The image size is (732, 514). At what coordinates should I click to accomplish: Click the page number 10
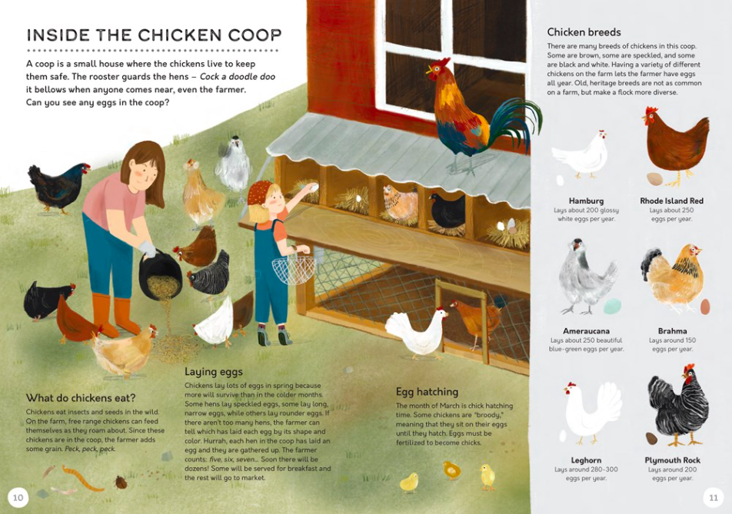pos(18,498)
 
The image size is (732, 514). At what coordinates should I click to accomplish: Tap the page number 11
pos(714,498)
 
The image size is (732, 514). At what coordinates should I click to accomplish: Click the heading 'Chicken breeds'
pos(584,32)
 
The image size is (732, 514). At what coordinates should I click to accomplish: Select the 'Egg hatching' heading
pos(427,392)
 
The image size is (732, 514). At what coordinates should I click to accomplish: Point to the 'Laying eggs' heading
pos(213,372)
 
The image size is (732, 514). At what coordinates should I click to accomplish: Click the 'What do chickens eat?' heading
pos(81,398)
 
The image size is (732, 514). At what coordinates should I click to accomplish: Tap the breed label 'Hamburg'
pos(586,201)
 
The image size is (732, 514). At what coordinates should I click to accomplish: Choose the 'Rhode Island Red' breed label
pos(671,201)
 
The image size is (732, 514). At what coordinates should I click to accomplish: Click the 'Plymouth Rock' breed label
pos(673,460)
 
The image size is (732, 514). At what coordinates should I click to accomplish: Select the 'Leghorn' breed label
pos(587,460)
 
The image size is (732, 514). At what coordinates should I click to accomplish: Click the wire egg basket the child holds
pos(294,269)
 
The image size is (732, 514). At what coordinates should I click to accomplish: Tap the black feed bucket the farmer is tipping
pos(159,275)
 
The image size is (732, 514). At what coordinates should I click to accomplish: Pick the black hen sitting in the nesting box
pos(447,210)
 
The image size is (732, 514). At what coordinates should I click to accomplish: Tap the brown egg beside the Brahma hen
pos(705,306)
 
